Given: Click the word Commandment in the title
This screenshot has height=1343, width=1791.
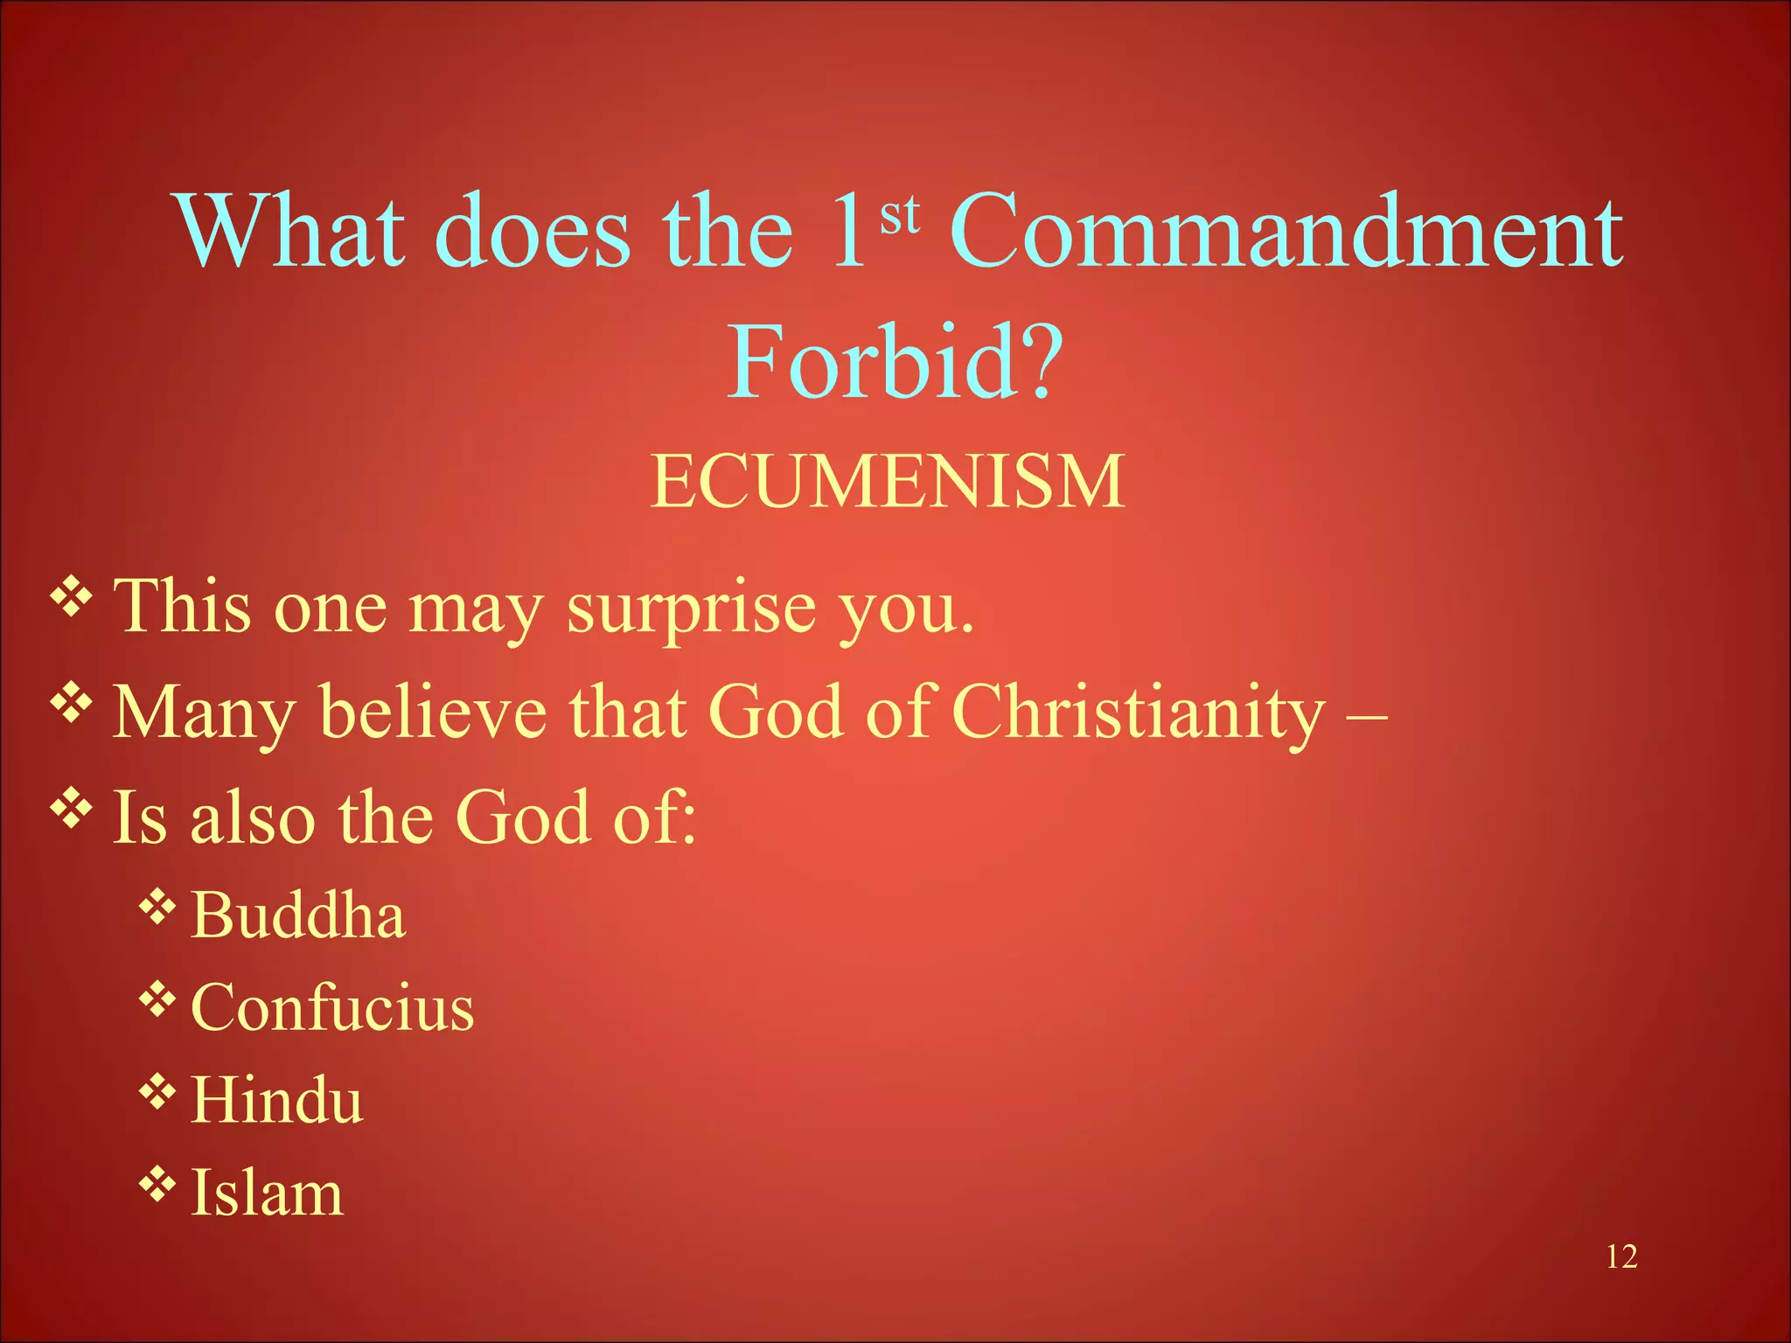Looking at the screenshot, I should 1286,231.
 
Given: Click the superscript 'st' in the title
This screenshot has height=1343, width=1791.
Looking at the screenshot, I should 900,215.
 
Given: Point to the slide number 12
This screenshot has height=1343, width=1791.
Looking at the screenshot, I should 1621,1256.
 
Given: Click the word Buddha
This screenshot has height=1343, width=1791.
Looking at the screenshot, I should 298,915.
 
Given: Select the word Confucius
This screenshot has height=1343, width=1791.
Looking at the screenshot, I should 332,1007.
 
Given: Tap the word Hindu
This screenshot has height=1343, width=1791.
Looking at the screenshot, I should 276,1100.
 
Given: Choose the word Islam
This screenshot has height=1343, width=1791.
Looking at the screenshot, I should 267,1193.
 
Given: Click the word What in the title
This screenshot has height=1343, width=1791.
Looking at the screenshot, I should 291,231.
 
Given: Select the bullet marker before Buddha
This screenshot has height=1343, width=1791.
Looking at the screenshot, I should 157,906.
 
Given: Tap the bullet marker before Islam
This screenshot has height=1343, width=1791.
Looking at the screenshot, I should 157,1183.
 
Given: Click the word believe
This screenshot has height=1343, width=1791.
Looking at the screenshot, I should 434,713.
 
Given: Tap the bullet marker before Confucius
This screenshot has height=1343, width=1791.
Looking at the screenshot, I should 157,999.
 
